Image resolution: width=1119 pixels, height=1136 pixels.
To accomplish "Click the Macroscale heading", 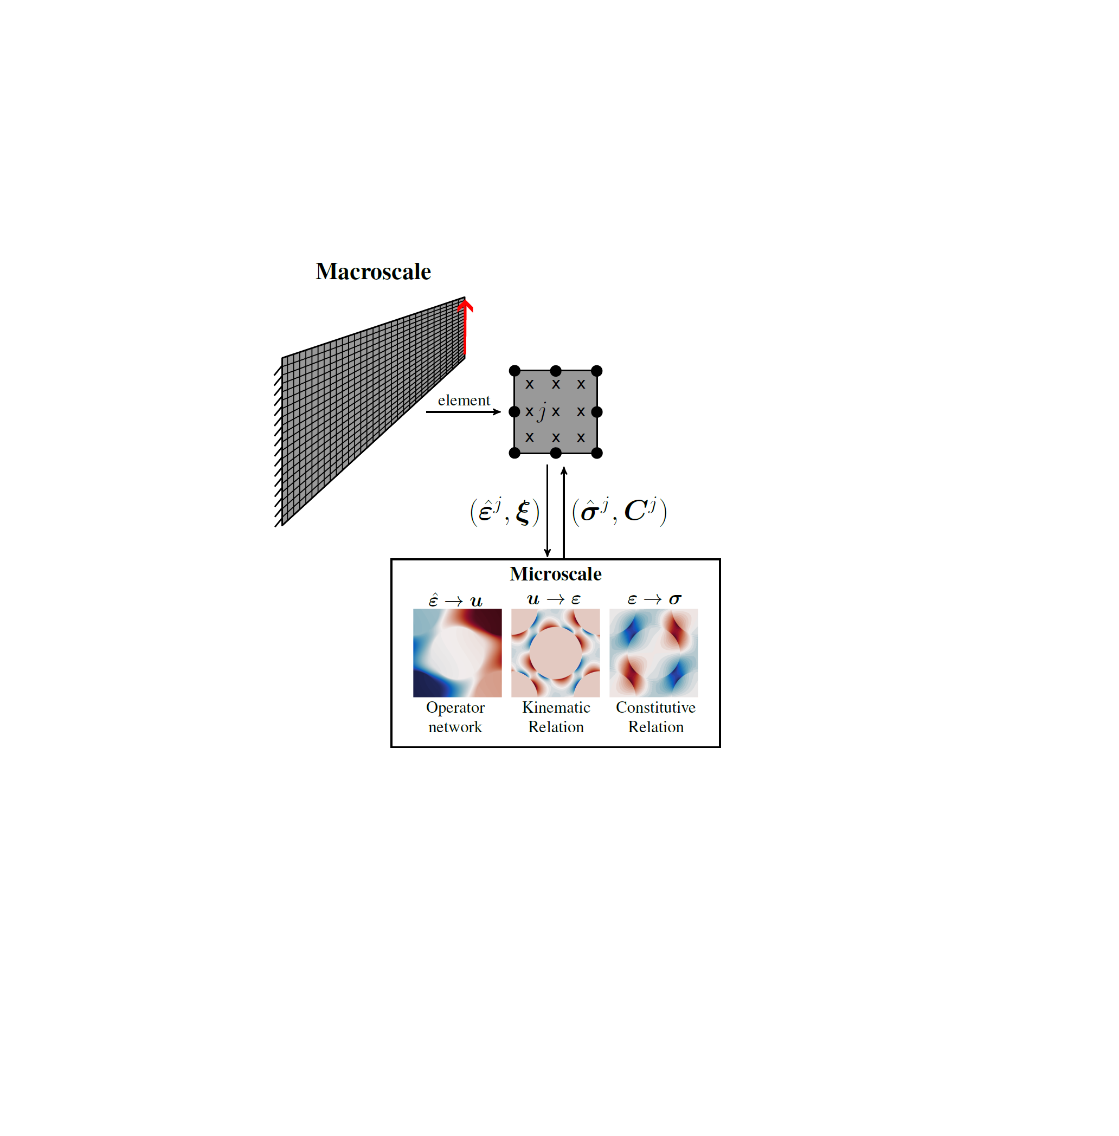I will click(x=372, y=272).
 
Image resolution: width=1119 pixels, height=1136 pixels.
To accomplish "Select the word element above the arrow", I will click(x=463, y=400).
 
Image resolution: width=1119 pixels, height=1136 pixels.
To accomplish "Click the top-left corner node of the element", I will click(x=515, y=371).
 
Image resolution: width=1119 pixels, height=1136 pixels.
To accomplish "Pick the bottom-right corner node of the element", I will click(x=596, y=453).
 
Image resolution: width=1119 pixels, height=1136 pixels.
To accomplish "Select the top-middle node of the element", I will click(x=555, y=371).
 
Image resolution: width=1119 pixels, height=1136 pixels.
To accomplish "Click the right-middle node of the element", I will click(x=596, y=412).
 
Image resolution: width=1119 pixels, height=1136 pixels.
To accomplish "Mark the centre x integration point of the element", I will click(x=556, y=412).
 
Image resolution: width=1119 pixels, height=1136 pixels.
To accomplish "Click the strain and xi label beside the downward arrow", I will click(x=504, y=511).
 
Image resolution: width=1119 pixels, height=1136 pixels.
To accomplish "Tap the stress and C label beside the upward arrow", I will click(x=619, y=511).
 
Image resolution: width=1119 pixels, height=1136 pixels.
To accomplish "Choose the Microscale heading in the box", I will click(x=555, y=574).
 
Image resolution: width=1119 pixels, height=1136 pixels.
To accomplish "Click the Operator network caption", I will click(x=455, y=717).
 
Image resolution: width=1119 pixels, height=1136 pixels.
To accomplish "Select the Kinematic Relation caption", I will click(x=556, y=717).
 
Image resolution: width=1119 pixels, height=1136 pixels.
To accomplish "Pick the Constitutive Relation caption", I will click(x=655, y=717).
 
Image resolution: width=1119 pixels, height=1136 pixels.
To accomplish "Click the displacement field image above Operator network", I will click(x=457, y=653).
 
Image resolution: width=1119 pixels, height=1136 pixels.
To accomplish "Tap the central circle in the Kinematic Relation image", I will click(x=555, y=653).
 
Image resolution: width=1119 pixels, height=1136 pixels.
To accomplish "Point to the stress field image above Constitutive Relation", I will click(x=653, y=653).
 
